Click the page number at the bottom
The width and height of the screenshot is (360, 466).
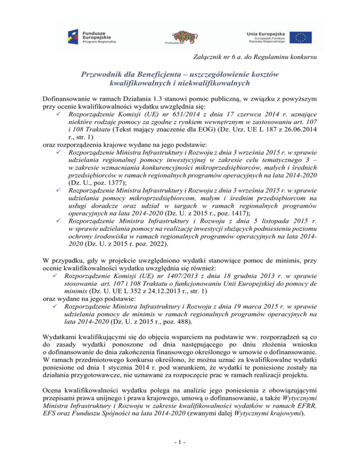click(180, 451)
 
